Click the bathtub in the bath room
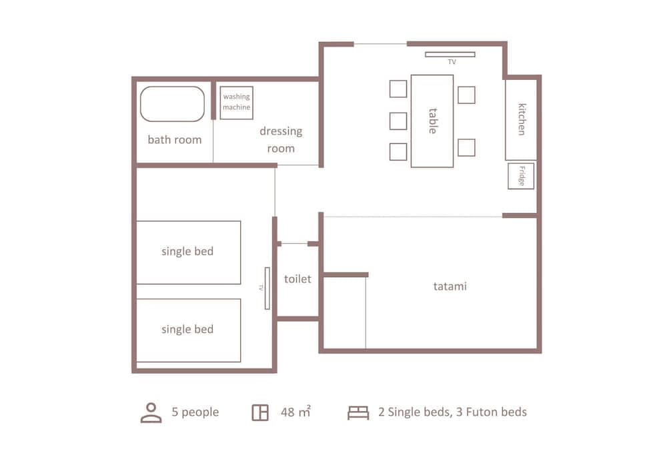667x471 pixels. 172,104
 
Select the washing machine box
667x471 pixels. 236,103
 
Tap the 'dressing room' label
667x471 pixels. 281,140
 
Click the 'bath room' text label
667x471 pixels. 174,140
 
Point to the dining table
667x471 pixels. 432,121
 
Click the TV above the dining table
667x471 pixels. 451,55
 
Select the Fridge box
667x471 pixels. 521,176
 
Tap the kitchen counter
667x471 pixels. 521,119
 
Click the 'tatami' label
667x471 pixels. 450,286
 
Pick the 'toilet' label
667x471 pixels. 297,279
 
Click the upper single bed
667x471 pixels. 188,252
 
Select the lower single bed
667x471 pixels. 188,330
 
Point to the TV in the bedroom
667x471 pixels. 267,288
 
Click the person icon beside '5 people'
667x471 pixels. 151,412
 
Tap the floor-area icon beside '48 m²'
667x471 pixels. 260,412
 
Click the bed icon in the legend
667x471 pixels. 358,413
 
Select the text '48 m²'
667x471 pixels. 295,412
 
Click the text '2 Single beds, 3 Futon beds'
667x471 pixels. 452,412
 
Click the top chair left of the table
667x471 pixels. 398,89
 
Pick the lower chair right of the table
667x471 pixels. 466,147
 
